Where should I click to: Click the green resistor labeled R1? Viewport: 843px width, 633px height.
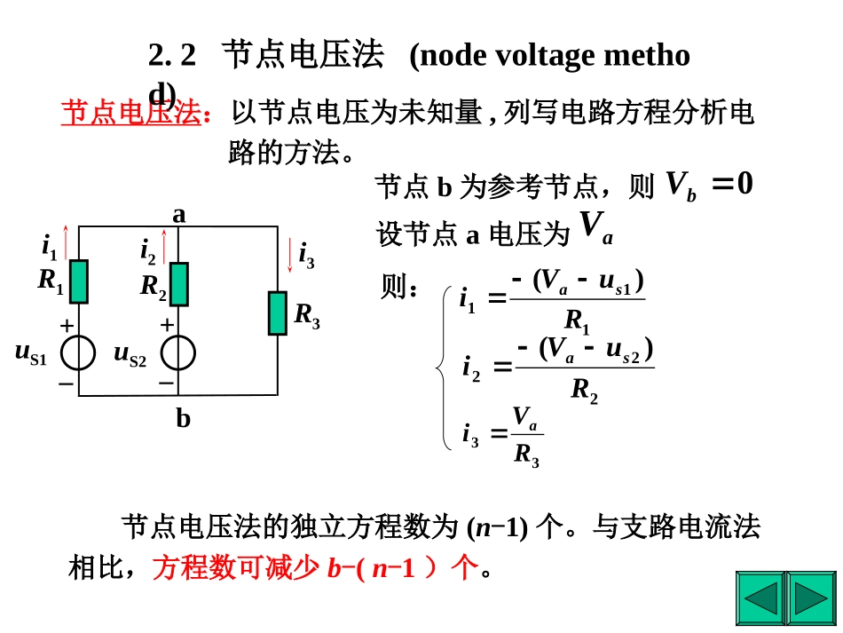(78, 281)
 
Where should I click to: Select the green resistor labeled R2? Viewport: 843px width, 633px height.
(178, 284)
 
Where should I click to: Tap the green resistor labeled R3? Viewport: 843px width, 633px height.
(278, 313)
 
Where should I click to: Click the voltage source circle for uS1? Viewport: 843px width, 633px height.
(78, 352)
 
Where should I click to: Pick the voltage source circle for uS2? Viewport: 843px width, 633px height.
(178, 352)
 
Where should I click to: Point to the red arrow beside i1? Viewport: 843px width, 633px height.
(67, 242)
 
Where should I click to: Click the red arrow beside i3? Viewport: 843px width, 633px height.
(290, 255)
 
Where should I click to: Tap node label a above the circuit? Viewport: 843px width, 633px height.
(179, 215)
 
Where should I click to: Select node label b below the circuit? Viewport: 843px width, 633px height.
(183, 418)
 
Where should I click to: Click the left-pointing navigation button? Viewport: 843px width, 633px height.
(760, 598)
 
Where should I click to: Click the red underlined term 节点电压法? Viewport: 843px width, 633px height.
(131, 113)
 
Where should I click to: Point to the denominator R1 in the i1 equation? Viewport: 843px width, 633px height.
(577, 320)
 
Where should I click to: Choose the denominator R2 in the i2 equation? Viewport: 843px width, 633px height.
(584, 390)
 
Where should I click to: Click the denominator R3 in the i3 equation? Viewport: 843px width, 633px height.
(526, 455)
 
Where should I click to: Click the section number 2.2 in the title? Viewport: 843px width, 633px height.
(172, 55)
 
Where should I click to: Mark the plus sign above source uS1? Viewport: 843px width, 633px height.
(67, 325)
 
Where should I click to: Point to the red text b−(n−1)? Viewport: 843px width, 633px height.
(371, 567)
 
